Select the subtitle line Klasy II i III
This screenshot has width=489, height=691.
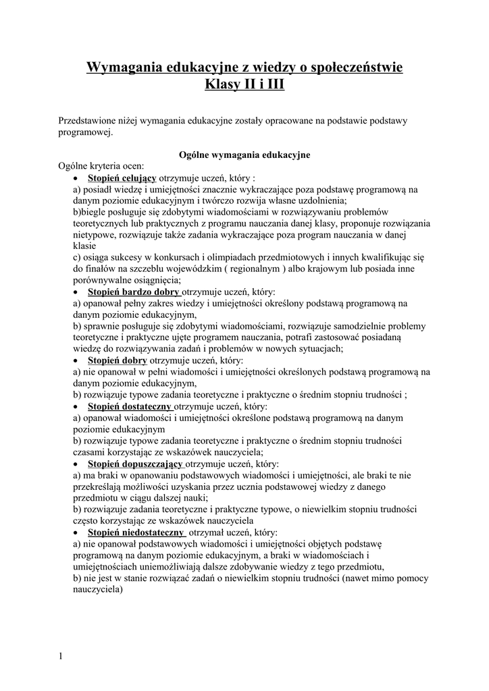click(244, 85)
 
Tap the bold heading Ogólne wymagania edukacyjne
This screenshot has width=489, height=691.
click(244, 155)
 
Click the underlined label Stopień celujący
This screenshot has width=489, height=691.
click(122, 177)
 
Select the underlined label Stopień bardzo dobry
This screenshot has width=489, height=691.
click(134, 292)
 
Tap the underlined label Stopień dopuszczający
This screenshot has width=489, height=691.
click(135, 464)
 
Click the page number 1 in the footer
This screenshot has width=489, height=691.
click(61, 656)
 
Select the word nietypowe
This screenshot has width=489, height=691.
click(94, 235)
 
